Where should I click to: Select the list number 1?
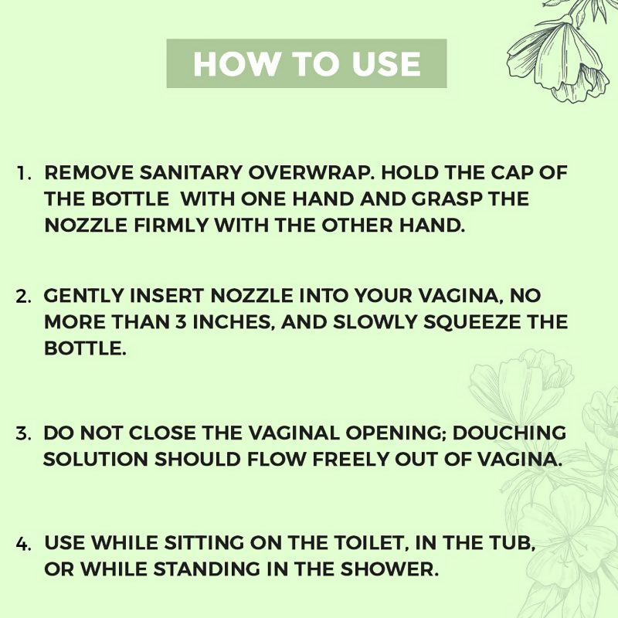point(23,173)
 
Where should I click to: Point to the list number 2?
point(24,297)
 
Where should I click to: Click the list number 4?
point(23,543)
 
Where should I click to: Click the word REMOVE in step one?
point(81,172)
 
